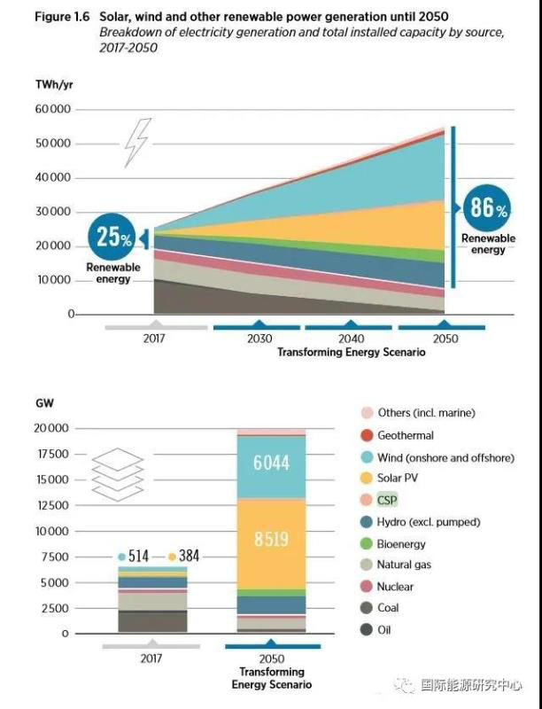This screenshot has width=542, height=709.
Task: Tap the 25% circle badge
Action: (x=113, y=238)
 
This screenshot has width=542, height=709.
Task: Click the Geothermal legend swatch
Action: (x=367, y=435)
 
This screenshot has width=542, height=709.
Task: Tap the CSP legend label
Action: (x=387, y=501)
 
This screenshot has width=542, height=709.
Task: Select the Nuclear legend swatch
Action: (x=367, y=587)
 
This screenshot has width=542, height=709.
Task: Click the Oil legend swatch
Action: (x=367, y=630)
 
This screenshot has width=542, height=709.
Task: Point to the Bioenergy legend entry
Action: (x=401, y=544)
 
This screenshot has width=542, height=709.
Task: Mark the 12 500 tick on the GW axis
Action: (x=50, y=505)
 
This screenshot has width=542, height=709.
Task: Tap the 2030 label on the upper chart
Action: (x=260, y=339)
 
